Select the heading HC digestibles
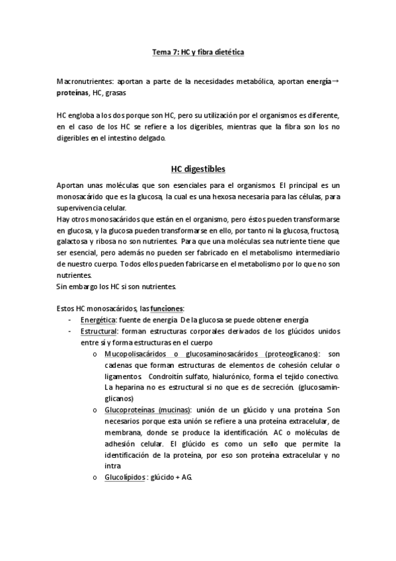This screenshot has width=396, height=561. pyautogui.click(x=198, y=169)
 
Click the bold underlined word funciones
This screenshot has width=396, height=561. pyautogui.click(x=167, y=309)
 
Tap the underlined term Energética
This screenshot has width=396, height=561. pyautogui.click(x=99, y=320)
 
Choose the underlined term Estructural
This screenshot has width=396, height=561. pyautogui.click(x=99, y=331)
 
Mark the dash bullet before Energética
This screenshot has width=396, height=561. pyautogui.click(x=71, y=320)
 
